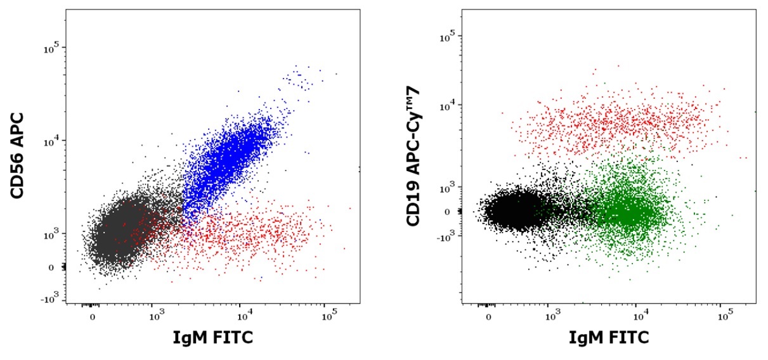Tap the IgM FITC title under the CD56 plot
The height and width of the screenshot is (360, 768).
pyautogui.click(x=213, y=338)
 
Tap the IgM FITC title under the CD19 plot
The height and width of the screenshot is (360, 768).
pyautogui.click(x=609, y=338)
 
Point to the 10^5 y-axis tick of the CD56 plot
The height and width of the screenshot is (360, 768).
pyautogui.click(x=51, y=48)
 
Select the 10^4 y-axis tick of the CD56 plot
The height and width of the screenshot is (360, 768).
pyautogui.click(x=51, y=141)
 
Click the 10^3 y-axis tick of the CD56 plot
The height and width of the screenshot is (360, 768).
pyautogui.click(x=51, y=235)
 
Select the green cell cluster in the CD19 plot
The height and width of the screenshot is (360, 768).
pyautogui.click(x=628, y=212)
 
